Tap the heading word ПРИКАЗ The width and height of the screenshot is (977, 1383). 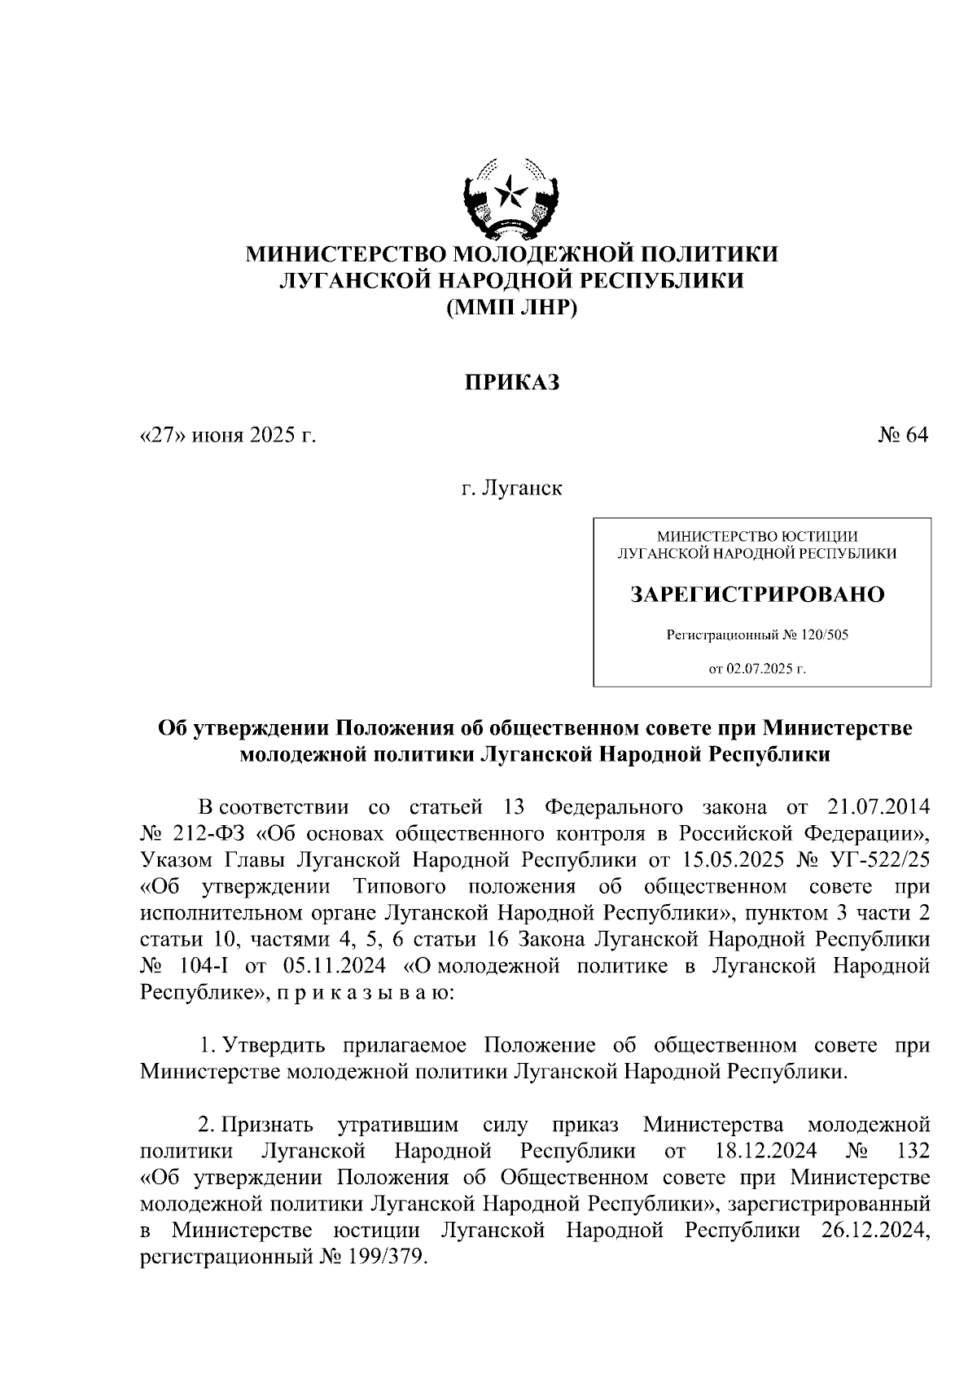coord(512,382)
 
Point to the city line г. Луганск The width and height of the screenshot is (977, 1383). coord(512,490)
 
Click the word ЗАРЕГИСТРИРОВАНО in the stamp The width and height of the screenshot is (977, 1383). coord(757,595)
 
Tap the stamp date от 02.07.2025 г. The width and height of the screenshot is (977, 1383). coord(757,670)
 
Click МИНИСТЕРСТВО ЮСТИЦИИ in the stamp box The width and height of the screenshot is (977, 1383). coord(757,536)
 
